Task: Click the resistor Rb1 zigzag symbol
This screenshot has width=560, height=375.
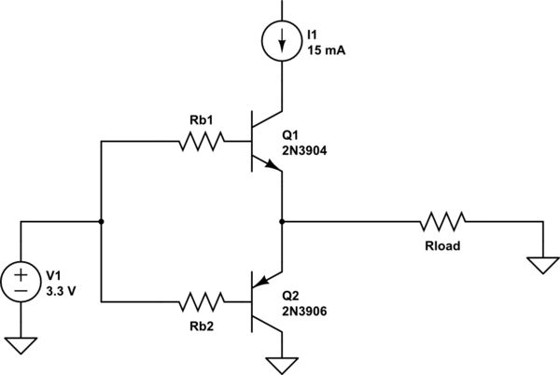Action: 199,143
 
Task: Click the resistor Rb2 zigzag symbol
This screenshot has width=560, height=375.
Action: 199,301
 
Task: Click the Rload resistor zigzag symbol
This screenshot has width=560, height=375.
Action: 442,222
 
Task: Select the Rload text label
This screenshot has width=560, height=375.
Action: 442,246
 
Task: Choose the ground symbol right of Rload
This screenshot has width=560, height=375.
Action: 541,265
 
